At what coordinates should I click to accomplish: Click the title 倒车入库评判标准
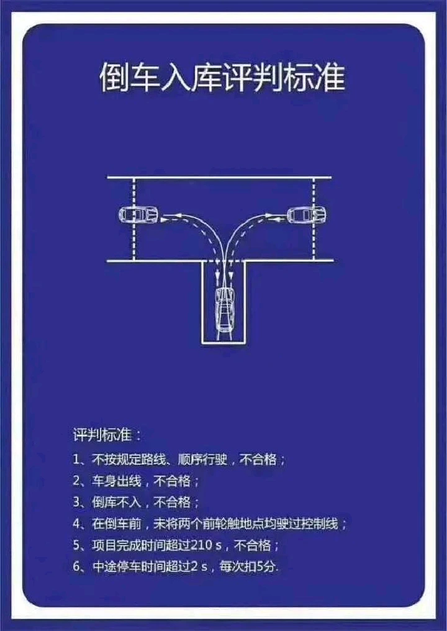click(x=222, y=77)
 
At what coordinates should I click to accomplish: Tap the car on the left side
click(x=138, y=215)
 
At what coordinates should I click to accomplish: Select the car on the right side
click(x=307, y=214)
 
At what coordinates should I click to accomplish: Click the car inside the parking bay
click(x=225, y=310)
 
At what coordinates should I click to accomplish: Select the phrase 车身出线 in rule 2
click(x=117, y=481)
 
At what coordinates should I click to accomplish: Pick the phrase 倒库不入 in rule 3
click(x=117, y=502)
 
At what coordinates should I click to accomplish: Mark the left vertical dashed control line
click(x=134, y=219)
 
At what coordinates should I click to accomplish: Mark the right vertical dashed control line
click(x=314, y=219)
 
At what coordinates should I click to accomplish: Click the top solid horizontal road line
click(x=219, y=177)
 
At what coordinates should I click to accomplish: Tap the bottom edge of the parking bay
click(x=224, y=343)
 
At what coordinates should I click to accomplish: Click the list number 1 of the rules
click(x=76, y=460)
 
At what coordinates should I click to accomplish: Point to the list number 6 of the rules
click(x=77, y=567)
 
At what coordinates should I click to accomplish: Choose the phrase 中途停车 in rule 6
click(x=117, y=567)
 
